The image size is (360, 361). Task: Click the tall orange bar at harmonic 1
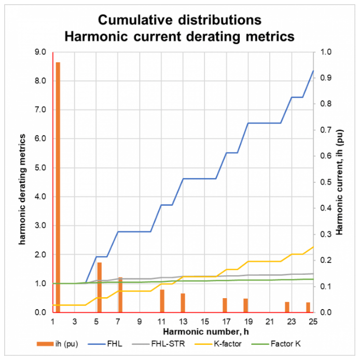click(x=58, y=187)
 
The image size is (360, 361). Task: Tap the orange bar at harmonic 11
click(x=162, y=301)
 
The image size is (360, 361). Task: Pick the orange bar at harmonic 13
click(x=183, y=303)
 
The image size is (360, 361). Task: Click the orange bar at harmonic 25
click(x=308, y=307)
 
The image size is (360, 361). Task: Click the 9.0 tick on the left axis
click(x=41, y=52)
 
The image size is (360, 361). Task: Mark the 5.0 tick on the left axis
click(x=41, y=168)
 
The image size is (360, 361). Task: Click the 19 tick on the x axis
click(x=248, y=322)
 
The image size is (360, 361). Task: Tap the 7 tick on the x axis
click(x=118, y=322)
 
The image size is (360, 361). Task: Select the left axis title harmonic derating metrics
click(x=22, y=182)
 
